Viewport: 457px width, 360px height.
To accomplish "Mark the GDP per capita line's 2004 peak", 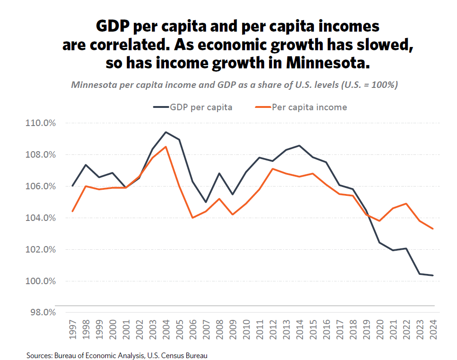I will [x=166, y=132].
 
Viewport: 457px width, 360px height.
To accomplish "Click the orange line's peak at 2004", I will [x=166, y=147].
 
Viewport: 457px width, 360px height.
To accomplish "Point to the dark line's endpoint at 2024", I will [x=433, y=275].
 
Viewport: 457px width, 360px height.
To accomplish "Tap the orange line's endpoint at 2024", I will [x=433, y=228].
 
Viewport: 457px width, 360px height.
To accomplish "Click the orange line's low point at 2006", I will [x=192, y=218].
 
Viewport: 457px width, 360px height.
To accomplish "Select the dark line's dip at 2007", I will [x=206, y=202].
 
